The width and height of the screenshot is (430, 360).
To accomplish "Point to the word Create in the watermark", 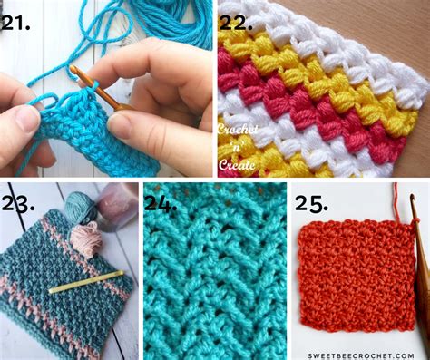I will point(238,164).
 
